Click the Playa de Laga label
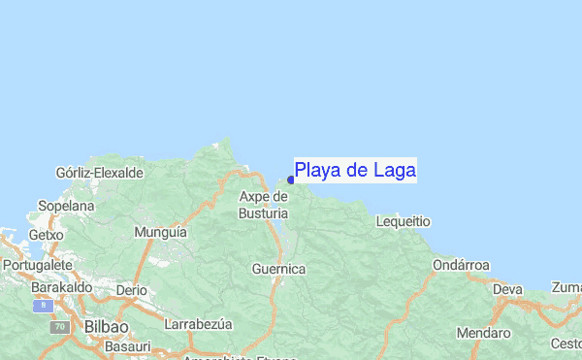click(355, 171)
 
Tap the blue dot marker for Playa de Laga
click(291, 180)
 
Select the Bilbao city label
click(107, 326)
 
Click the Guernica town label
click(278, 269)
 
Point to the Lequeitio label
click(403, 221)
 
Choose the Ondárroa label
click(462, 265)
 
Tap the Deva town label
click(507, 289)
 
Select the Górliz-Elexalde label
click(100, 173)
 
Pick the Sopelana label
click(66, 207)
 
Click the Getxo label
click(46, 235)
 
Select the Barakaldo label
click(61, 288)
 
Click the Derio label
click(131, 290)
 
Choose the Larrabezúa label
click(202, 324)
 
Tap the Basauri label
click(128, 346)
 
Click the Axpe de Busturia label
click(263, 205)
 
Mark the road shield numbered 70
click(60, 328)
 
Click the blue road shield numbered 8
click(40, 306)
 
